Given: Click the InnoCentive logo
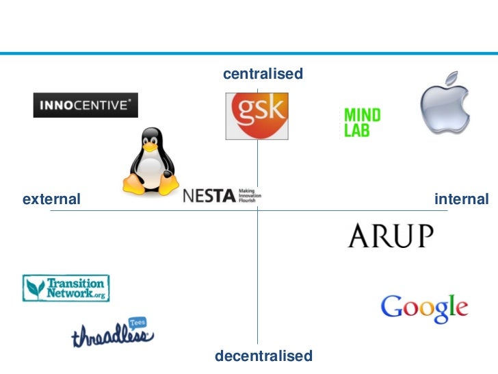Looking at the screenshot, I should [x=86, y=105].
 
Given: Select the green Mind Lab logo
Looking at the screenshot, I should [x=362, y=123].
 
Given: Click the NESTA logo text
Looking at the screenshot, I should [x=209, y=196].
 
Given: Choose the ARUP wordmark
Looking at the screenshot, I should [x=390, y=236].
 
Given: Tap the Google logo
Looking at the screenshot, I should [x=424, y=308].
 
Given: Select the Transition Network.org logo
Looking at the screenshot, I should [x=66, y=288].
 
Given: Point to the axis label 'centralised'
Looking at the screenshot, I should [x=263, y=74].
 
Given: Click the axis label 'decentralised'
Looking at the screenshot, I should [x=263, y=356].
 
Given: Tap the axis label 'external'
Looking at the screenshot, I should [x=51, y=200].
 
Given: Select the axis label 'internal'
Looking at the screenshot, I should [x=462, y=199].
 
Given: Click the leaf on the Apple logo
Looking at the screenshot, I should [x=452, y=76].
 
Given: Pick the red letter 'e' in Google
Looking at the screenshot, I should [x=460, y=309].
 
